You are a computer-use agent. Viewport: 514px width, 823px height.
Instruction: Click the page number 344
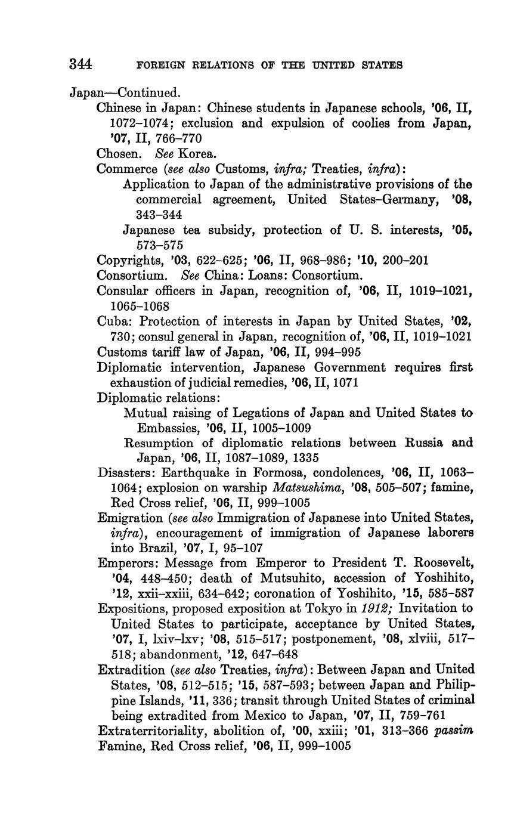(x=80, y=64)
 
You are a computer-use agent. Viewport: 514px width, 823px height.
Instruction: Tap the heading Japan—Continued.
(x=125, y=93)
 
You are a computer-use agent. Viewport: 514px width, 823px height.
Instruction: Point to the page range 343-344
(x=159, y=215)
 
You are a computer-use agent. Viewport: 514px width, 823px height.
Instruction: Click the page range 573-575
(x=159, y=245)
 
